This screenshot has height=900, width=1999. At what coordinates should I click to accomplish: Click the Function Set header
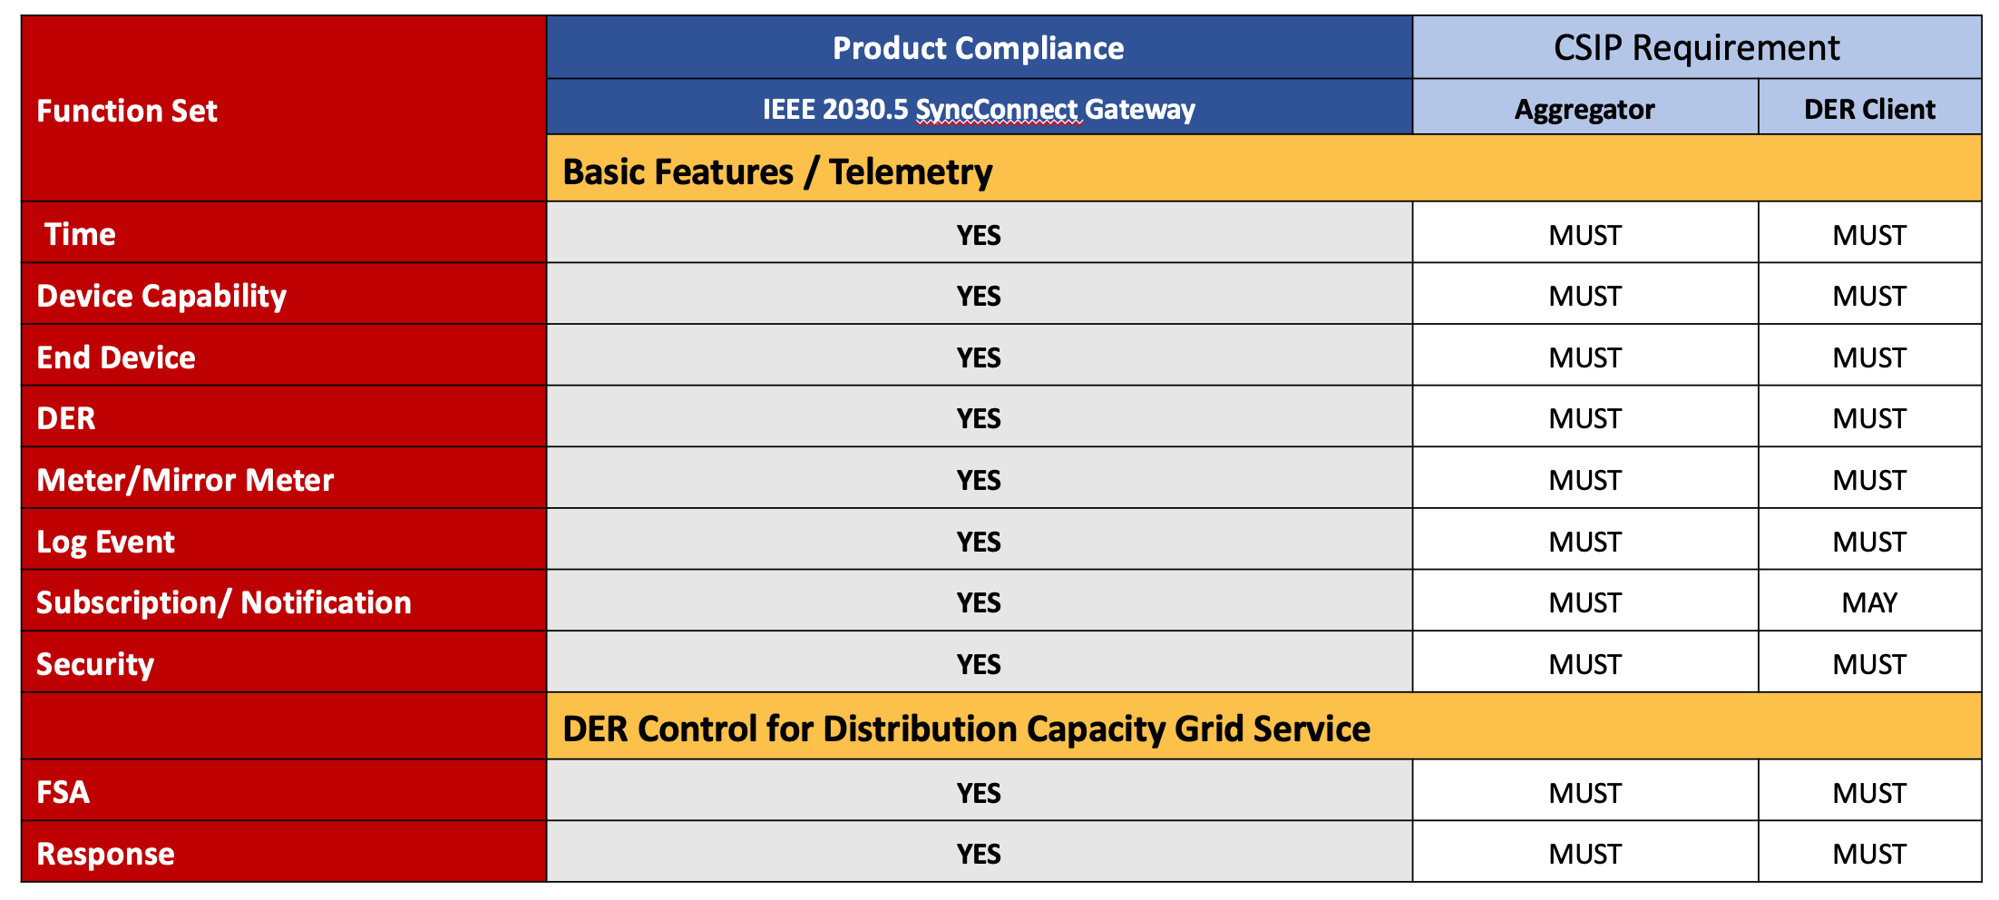click(x=127, y=111)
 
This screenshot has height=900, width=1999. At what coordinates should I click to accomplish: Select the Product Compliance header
click(x=979, y=48)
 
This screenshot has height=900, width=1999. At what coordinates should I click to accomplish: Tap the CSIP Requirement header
click(x=1697, y=48)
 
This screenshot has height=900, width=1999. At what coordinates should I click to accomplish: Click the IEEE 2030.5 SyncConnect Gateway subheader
click(x=979, y=109)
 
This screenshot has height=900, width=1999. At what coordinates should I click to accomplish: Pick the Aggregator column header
click(x=1585, y=110)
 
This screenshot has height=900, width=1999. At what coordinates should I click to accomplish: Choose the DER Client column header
click(x=1869, y=110)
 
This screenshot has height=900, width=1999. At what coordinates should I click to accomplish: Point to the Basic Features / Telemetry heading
click(x=777, y=171)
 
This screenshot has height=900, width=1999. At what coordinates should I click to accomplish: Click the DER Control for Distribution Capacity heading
click(x=966, y=729)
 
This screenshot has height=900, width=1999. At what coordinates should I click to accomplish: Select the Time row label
click(x=80, y=234)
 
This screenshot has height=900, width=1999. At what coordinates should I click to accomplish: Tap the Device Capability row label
click(x=161, y=296)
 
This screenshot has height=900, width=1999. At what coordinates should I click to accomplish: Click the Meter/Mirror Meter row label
click(x=185, y=480)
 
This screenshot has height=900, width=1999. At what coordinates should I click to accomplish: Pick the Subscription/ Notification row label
click(x=224, y=602)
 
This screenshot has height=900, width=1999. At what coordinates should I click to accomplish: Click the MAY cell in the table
click(x=1869, y=602)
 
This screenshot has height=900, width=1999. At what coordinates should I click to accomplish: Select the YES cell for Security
click(x=979, y=664)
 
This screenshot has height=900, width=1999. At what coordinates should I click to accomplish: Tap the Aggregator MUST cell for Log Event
click(x=1585, y=542)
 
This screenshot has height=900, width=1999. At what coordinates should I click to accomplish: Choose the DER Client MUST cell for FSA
click(x=1869, y=793)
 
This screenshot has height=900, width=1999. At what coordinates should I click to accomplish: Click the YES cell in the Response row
click(x=979, y=854)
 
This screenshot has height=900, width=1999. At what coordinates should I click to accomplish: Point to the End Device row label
click(x=116, y=357)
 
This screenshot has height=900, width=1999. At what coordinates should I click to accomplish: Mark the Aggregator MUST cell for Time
click(x=1585, y=235)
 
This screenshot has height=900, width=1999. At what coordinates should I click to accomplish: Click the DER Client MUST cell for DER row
click(x=1869, y=418)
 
